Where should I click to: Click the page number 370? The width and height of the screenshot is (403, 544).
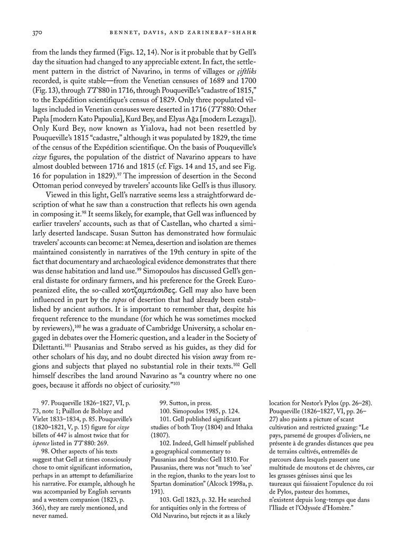[x=33, y=33]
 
